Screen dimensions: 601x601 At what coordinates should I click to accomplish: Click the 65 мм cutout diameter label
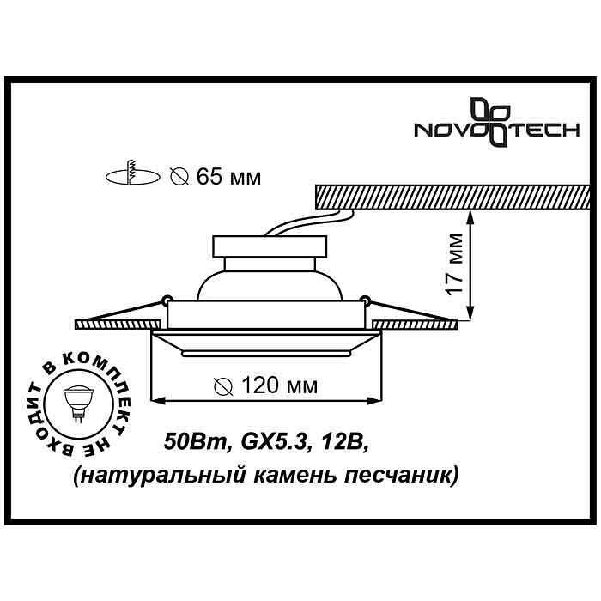[216, 178]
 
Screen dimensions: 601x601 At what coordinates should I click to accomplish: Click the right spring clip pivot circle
[366, 300]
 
